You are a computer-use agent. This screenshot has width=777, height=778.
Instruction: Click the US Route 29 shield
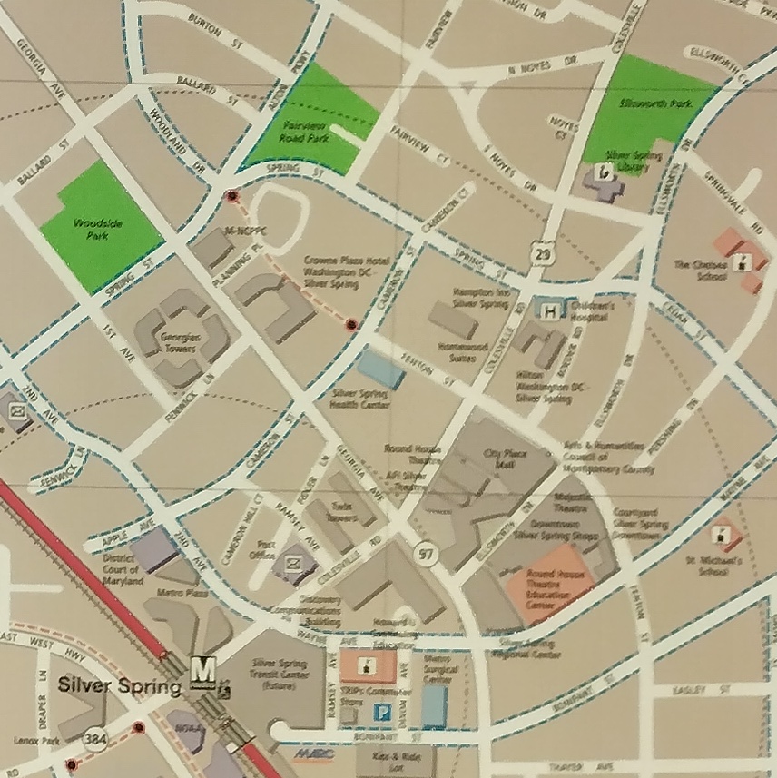[x=543, y=253]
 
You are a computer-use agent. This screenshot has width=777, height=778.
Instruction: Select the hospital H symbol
[x=547, y=311]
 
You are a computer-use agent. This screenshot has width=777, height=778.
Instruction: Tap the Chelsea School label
[x=701, y=271]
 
